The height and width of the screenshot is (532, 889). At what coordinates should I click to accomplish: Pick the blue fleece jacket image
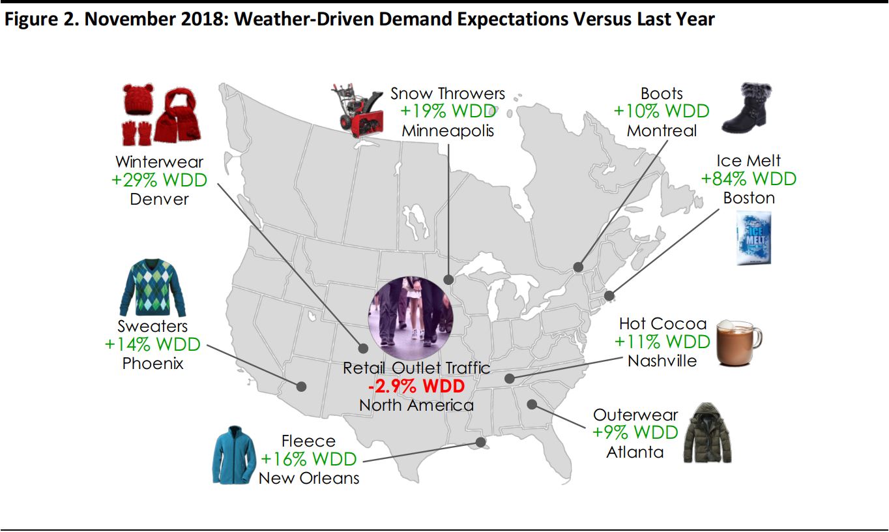click(234, 454)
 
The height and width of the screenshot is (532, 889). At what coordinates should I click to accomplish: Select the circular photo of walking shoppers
click(411, 311)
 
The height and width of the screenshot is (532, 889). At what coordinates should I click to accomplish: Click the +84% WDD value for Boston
click(748, 179)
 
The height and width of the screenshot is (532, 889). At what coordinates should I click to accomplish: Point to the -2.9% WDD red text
click(416, 387)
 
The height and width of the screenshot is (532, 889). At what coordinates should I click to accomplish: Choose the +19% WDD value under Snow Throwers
click(447, 111)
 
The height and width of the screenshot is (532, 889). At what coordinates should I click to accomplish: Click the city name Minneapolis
click(447, 130)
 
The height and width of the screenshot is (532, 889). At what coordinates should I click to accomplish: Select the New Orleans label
click(308, 478)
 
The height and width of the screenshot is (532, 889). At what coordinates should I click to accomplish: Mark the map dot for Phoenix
click(301, 386)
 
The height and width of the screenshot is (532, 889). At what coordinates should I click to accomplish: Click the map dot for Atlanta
click(532, 404)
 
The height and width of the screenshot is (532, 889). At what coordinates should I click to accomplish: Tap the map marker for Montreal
click(577, 267)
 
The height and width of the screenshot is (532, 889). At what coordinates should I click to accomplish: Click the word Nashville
click(662, 361)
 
